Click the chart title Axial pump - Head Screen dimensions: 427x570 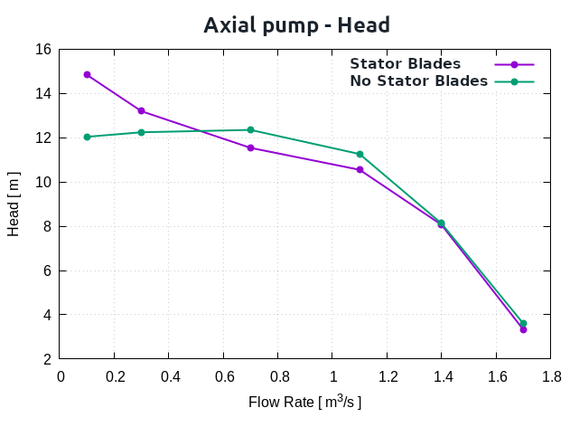point(296,24)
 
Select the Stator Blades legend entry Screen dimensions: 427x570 point(406,64)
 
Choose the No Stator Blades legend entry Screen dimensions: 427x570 point(418,81)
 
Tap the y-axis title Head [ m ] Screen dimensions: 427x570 point(14,204)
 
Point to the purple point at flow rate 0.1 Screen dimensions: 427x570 point(88,74)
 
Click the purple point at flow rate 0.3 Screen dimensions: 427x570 point(142,110)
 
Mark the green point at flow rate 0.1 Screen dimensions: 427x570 point(88,137)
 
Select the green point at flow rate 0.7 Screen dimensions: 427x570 point(250,129)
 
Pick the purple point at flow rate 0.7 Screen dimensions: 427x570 point(250,147)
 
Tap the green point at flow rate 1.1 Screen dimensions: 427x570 point(360,154)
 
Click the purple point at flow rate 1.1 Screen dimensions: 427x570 point(360,169)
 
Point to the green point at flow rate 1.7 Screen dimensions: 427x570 point(523,323)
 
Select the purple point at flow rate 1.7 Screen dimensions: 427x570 point(523,329)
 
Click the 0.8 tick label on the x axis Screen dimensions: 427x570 point(278,376)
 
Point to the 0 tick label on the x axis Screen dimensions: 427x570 point(61,376)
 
